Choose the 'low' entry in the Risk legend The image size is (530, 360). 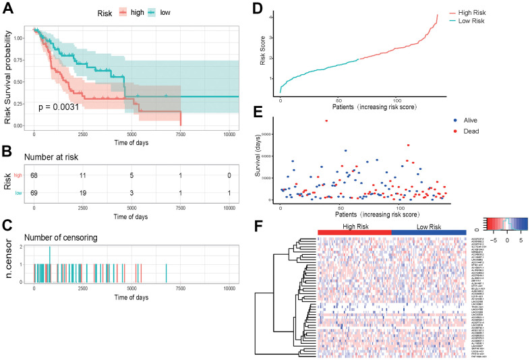click(173, 12)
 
